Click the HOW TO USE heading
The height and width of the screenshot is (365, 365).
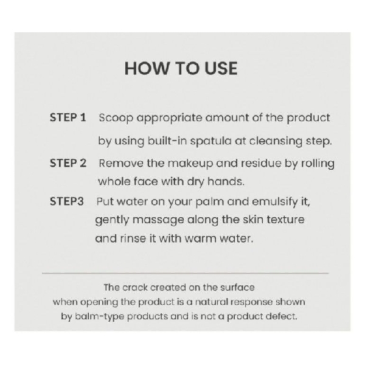[181, 68]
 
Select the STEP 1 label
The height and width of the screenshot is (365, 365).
[68, 117]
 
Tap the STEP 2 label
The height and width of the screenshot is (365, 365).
[68, 163]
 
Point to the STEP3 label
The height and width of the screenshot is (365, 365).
[66, 201]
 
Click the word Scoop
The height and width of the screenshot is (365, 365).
[116, 118]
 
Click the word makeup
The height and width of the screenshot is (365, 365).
[190, 164]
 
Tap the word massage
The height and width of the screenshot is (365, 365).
[158, 220]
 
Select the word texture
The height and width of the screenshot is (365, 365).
[285, 220]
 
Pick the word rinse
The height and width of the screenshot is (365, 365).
[133, 238]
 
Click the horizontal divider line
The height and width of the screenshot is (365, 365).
[186, 273]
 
